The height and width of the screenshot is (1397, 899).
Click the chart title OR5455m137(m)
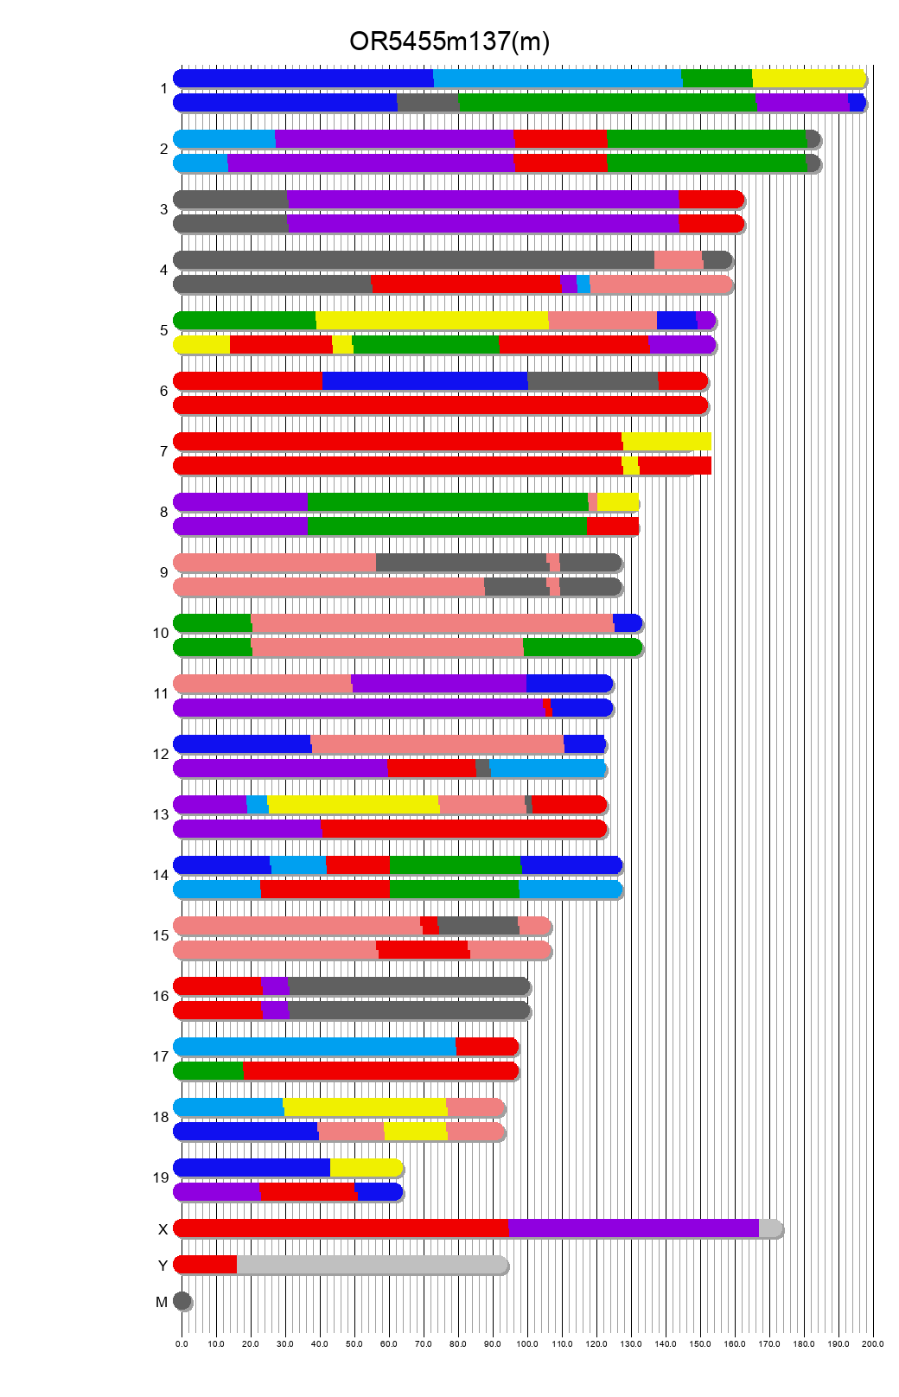coord(449,41)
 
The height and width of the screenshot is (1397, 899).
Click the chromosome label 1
coord(163,89)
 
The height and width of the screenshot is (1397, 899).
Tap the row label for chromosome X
coord(163,1229)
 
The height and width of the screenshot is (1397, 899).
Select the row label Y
coord(163,1266)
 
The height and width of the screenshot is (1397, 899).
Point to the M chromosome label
coord(162,1302)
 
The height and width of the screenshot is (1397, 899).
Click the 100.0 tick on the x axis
coord(527,1343)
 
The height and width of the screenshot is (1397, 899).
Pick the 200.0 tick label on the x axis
coord(873,1343)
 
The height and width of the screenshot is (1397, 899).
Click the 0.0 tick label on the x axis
coord(182,1343)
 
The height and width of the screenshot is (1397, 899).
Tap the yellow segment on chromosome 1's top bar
coord(808,78)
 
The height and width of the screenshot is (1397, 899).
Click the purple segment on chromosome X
coord(634,1228)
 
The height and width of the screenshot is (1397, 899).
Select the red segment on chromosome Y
coord(206,1264)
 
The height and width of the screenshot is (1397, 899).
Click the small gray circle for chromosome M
coord(182,1300)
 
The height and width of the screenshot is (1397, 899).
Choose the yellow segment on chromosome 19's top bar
coord(366,1167)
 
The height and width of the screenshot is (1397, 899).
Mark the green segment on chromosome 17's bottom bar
coord(209,1070)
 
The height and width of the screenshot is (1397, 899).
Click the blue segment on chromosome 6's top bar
coord(424,380)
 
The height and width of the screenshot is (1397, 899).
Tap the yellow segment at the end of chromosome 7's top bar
coord(666,441)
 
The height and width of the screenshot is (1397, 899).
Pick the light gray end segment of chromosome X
coord(770,1228)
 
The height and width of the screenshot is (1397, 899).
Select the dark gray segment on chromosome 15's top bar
coord(478,925)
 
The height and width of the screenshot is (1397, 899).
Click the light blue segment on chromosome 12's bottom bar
coord(548,768)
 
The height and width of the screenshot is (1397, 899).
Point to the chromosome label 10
coord(161,634)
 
